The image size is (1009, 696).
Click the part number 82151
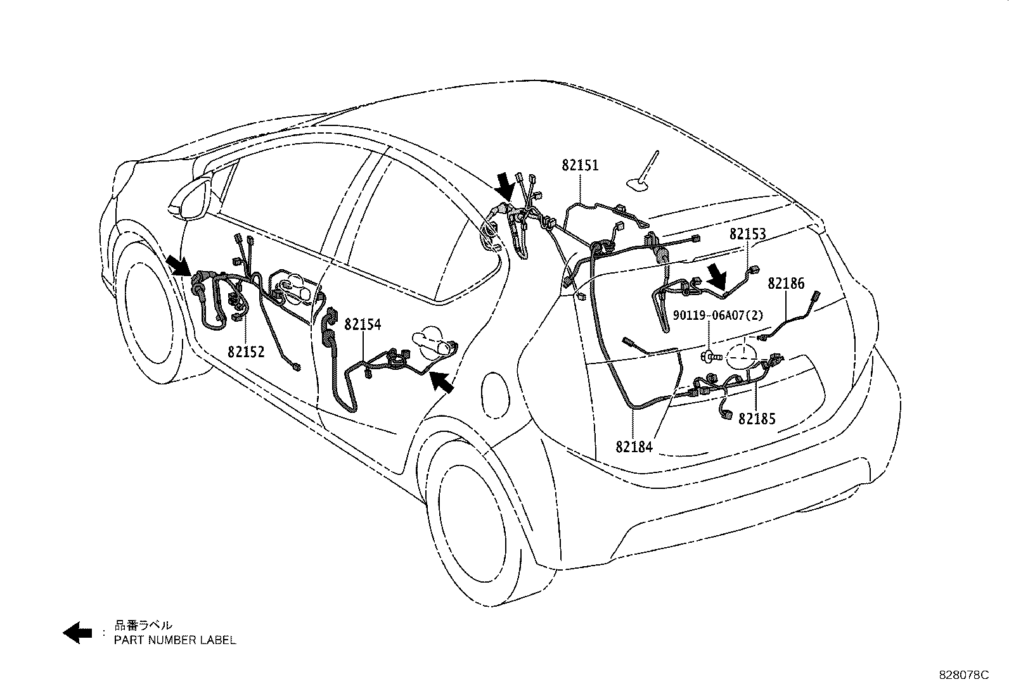[579, 165]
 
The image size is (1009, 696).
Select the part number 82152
[246, 351]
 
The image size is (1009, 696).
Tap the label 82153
[747, 234]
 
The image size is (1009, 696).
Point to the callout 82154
[363, 324]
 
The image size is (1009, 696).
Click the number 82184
[633, 447]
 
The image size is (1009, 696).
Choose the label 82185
[757, 419]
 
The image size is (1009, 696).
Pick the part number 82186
[786, 283]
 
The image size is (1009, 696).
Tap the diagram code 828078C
[963, 675]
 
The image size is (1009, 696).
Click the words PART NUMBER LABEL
[175, 640]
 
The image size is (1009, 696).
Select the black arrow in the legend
[78, 632]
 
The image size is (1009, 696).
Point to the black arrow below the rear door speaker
[442, 382]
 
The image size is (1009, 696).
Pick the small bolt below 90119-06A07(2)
[712, 357]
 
